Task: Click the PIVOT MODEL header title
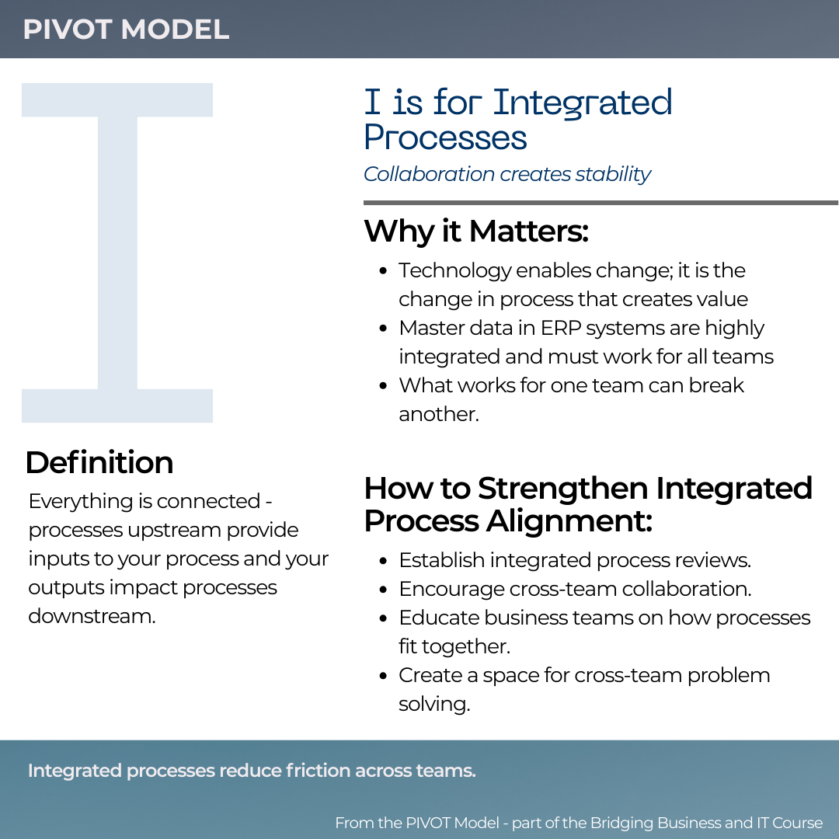click(126, 30)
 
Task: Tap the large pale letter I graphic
click(117, 252)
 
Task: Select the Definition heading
click(99, 462)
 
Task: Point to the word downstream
click(92, 616)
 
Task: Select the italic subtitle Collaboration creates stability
click(507, 174)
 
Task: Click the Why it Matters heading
click(476, 231)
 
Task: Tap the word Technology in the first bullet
click(454, 270)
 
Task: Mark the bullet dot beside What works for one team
click(383, 386)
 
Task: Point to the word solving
click(434, 705)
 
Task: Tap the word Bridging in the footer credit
click(621, 823)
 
